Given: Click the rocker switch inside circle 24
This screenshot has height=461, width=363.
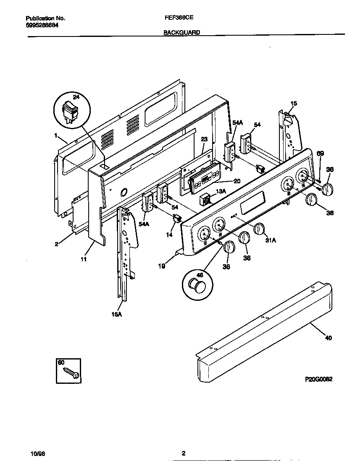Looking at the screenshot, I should [x=70, y=112].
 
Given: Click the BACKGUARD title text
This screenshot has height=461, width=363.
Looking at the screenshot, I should [x=181, y=32].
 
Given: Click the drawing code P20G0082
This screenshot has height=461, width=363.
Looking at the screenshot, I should [x=318, y=379].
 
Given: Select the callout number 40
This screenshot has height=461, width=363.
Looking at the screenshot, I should [x=329, y=338].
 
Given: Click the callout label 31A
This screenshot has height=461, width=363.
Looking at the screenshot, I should [x=271, y=240].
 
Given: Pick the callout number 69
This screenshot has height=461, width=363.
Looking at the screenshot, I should [x=320, y=154].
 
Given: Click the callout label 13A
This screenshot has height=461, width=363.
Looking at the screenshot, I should [x=221, y=191].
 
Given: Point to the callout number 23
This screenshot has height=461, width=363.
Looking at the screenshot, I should [x=204, y=140].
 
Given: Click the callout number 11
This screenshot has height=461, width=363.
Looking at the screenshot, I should [x=84, y=260].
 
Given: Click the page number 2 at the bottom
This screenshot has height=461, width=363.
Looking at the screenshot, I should [x=183, y=453].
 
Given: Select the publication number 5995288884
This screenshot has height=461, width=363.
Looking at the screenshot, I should [x=42, y=25].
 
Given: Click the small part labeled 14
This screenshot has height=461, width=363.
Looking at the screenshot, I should [x=177, y=218].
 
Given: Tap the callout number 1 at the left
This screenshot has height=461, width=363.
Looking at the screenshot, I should [x=55, y=135].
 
